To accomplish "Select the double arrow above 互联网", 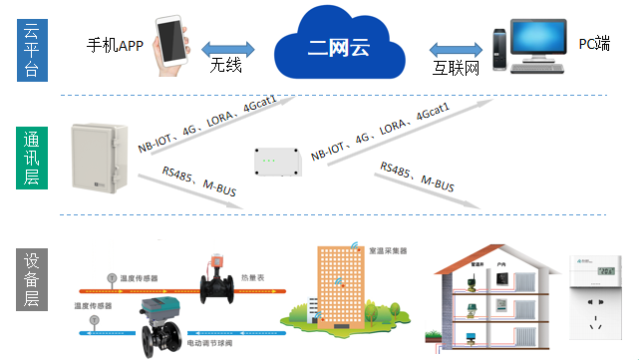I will (456, 47).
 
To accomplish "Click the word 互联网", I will (456, 69).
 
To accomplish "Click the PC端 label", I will (595, 44).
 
